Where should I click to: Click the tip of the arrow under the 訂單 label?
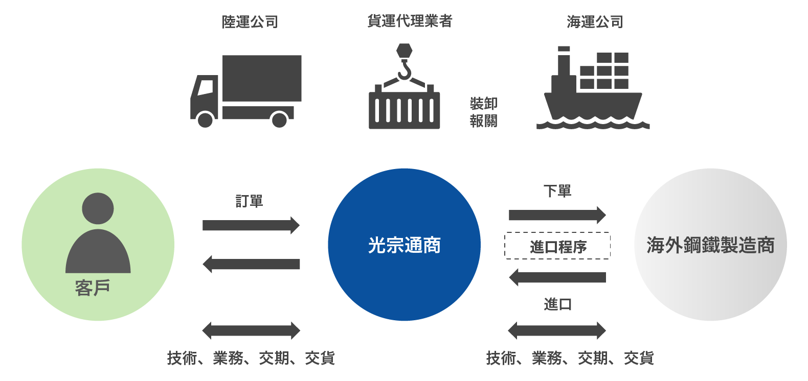[x=300, y=225]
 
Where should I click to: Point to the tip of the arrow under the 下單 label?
[x=606, y=215]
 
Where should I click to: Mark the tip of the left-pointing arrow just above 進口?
[x=509, y=277]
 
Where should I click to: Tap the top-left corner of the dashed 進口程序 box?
[x=505, y=232]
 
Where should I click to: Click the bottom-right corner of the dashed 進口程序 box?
[x=610, y=259]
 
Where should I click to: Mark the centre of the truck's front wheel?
[x=205, y=120]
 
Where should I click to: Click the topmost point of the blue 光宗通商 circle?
[x=404, y=169]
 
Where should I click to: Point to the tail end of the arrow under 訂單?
[x=203, y=225]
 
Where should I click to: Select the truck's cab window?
[x=206, y=87]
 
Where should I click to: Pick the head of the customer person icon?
[x=98, y=208]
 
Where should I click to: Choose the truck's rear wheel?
[x=279, y=120]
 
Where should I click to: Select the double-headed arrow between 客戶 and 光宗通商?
[x=251, y=330]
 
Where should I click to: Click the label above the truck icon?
[x=250, y=21]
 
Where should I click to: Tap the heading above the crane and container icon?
[x=410, y=21]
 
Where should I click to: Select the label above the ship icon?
[x=595, y=21]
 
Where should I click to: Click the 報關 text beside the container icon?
[x=484, y=121]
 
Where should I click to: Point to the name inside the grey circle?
[x=711, y=245]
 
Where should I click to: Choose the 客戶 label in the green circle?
[x=93, y=288]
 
